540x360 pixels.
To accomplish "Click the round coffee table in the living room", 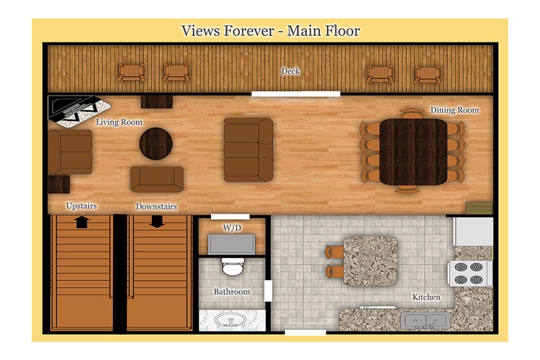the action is (x=156, y=143).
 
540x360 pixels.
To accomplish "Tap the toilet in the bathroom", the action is (x=233, y=266).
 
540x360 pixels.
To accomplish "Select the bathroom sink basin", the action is (x=230, y=320).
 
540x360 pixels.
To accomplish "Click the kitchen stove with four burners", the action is (x=469, y=274).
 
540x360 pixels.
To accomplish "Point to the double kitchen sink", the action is (x=426, y=321).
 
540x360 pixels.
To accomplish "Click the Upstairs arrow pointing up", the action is (x=81, y=222).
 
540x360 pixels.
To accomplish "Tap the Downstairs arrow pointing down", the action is (x=157, y=222).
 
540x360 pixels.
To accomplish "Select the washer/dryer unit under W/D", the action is (x=231, y=244).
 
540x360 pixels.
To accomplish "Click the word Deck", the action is (x=290, y=71).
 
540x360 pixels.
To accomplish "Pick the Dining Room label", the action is (x=454, y=110).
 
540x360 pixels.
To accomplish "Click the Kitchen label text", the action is (x=426, y=297).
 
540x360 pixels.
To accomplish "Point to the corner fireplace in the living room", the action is (x=78, y=111).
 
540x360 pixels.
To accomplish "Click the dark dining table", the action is (x=413, y=152).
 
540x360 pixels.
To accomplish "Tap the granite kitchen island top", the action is (x=371, y=261).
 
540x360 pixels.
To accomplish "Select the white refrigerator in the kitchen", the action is (x=473, y=231).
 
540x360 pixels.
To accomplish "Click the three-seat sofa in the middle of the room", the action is (x=248, y=150).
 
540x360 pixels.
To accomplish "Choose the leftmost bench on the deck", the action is (x=131, y=73).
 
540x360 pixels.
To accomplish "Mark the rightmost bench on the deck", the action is (x=428, y=76).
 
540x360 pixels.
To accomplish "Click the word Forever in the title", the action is (x=249, y=31).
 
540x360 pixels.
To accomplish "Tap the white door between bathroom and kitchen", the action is (x=268, y=291).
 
